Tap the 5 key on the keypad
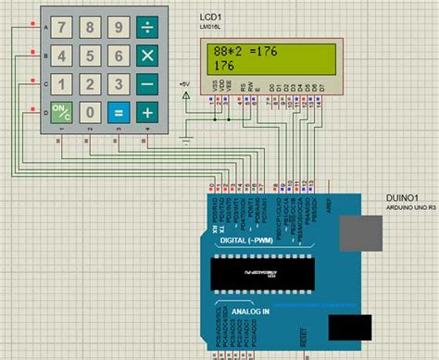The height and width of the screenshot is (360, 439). click(x=90, y=56)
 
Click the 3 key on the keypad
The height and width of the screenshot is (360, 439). click(x=118, y=84)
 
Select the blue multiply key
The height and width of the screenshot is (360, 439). click(x=146, y=56)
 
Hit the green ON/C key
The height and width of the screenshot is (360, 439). click(x=61, y=113)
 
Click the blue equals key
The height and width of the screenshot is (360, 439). click(x=118, y=113)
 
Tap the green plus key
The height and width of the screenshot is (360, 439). click(x=146, y=113)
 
